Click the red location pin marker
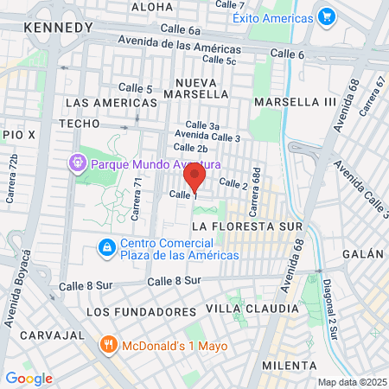[195, 178]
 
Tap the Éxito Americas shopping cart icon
[326, 16]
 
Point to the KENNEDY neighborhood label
[59, 28]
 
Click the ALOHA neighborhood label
[152, 7]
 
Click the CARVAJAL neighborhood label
[42, 334]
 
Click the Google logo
[29, 378]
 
